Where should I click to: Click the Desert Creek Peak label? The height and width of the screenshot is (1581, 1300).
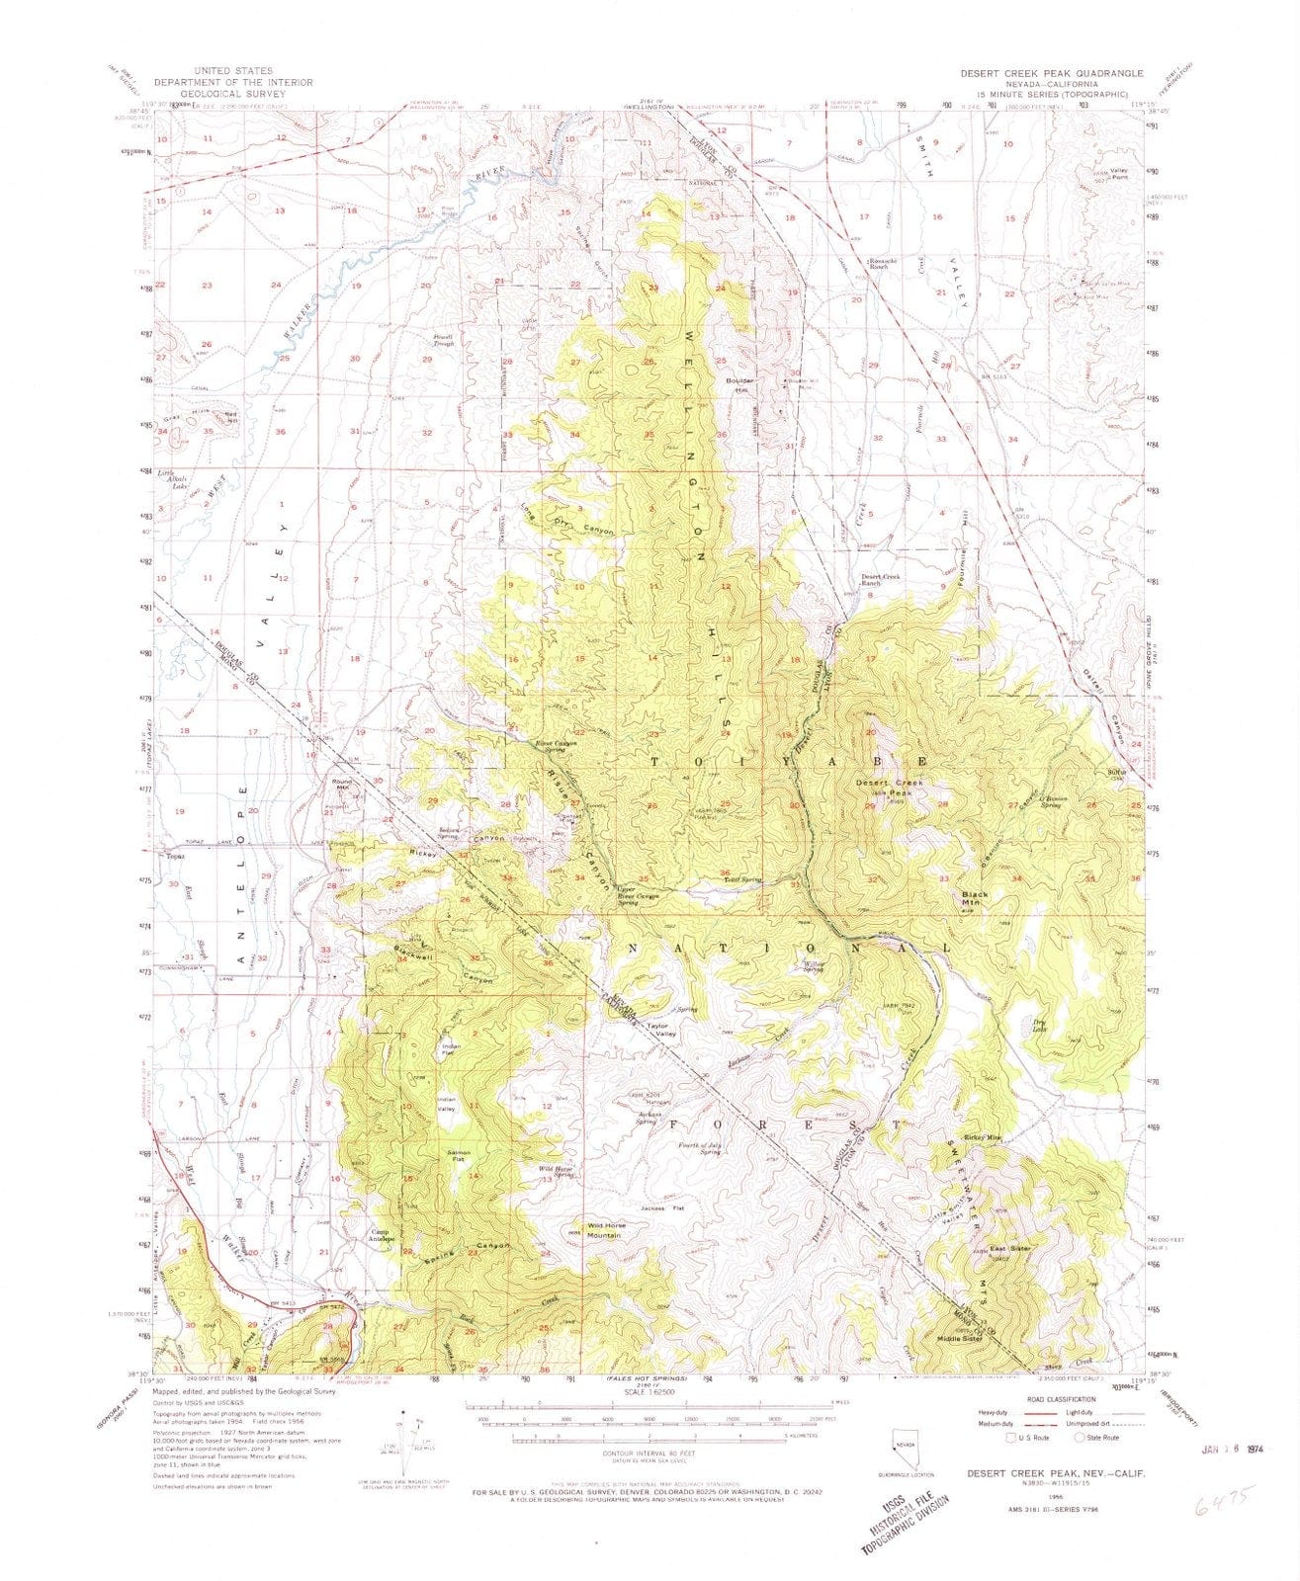pyautogui.click(x=889, y=788)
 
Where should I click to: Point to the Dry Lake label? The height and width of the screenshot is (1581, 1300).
pyautogui.click(x=1038, y=1025)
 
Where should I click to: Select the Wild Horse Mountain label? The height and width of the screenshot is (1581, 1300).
pyautogui.click(x=603, y=1230)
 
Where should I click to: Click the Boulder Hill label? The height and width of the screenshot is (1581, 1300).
pyautogui.click(x=735, y=385)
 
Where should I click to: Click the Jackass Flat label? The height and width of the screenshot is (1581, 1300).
pyautogui.click(x=662, y=1207)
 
